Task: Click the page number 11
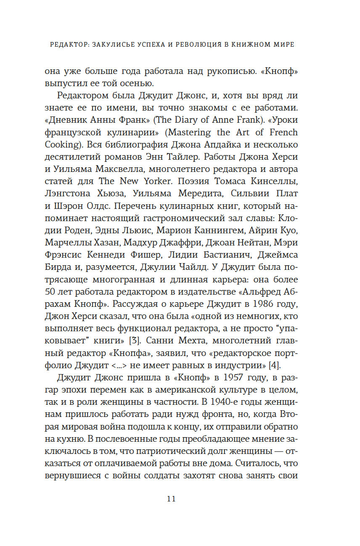tap(171, 499)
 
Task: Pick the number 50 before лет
tap(51, 292)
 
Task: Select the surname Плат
tap(286, 194)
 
